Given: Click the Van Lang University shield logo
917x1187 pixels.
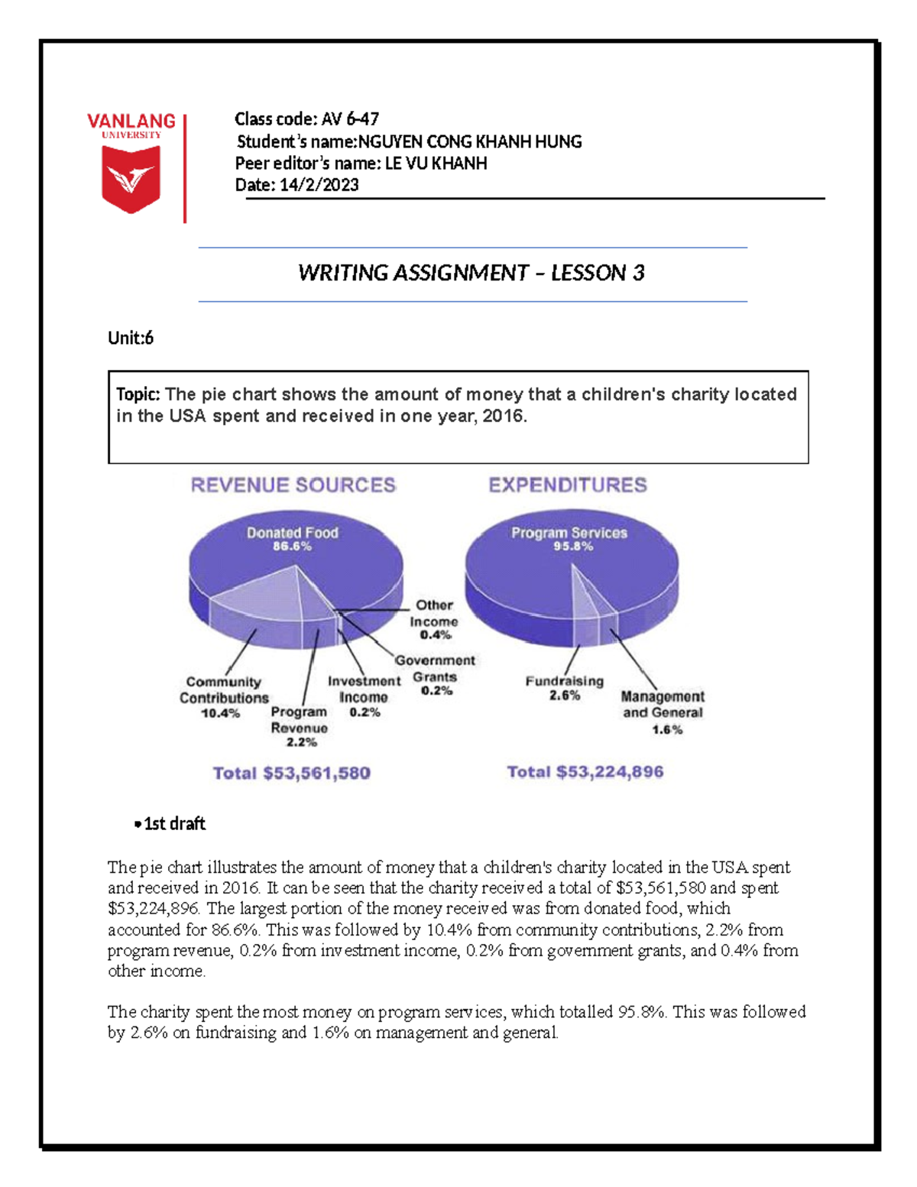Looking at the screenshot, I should tap(131, 179).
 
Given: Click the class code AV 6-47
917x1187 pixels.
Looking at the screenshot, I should tap(349, 118).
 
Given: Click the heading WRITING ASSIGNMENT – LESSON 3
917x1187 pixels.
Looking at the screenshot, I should tap(471, 273).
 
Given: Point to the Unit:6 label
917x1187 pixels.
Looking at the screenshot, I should tap(131, 338).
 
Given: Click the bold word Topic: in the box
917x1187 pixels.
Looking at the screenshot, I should tap(138, 394).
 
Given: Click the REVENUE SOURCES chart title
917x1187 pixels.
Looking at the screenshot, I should tap(293, 485).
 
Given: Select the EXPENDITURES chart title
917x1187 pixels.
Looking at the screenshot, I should tap(568, 485).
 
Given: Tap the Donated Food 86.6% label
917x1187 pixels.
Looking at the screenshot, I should tap(292, 539).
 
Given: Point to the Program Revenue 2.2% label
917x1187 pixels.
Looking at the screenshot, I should tap(300, 726).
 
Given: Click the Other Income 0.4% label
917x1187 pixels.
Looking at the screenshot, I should tap(434, 620).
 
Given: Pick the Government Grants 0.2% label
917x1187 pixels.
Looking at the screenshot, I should tap(435, 676).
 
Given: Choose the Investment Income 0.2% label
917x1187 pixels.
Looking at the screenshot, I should tap(364, 696).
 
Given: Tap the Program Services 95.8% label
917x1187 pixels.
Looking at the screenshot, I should tap(569, 539).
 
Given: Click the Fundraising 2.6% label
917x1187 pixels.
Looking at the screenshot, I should tap(564, 688).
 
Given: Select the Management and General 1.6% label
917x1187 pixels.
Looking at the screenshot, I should tap(663, 712).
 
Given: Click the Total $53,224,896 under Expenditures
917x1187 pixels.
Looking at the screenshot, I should tap(585, 772).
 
